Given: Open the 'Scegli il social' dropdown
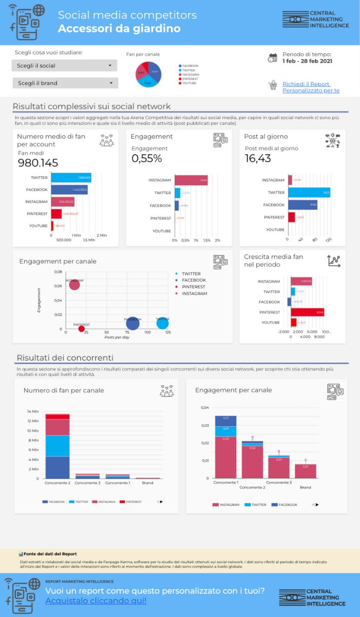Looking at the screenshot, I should click(x=64, y=66).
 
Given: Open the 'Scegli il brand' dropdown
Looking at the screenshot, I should click(x=65, y=83).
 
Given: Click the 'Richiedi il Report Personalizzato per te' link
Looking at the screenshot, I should click(x=311, y=87).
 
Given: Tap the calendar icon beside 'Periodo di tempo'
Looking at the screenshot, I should click(x=273, y=58).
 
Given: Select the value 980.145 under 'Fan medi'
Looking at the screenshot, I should click(x=38, y=163).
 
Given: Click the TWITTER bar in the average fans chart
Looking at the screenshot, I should click(x=71, y=178).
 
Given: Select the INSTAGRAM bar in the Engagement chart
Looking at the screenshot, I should click(x=191, y=180).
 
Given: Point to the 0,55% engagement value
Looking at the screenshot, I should click(x=147, y=158).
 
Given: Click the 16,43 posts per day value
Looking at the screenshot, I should click(x=258, y=158).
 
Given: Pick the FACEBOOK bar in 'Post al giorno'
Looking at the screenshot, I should click(x=302, y=205).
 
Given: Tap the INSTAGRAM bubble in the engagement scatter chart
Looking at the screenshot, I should click(x=75, y=284).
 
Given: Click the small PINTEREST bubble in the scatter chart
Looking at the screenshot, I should click(x=81, y=329).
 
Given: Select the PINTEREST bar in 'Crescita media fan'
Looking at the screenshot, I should click(x=307, y=312).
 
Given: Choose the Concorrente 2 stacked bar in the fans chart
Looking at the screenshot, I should click(x=58, y=446).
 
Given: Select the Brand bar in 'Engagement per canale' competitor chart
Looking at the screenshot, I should click(x=305, y=471).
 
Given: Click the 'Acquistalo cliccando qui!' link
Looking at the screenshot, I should click(x=96, y=601).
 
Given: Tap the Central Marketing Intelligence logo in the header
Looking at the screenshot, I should click(x=315, y=20).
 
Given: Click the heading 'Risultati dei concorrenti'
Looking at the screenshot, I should click(x=65, y=358).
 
